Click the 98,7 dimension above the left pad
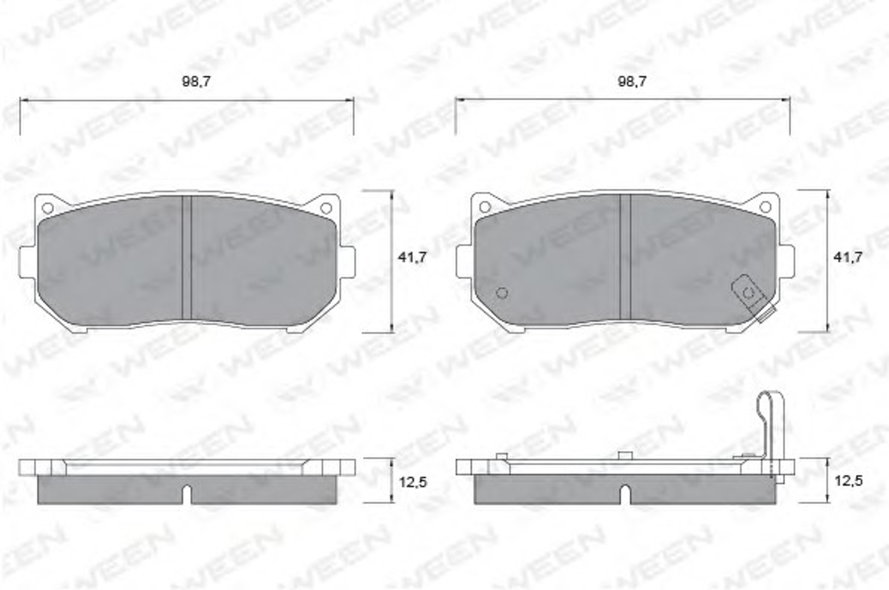click(x=196, y=81)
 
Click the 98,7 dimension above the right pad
click(x=632, y=81)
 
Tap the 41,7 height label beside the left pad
click(x=412, y=257)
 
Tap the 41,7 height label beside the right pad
click(x=848, y=257)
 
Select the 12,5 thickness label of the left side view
click(x=413, y=482)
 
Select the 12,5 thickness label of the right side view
click(x=849, y=481)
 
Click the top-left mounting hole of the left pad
click(x=48, y=208)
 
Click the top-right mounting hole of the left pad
click(x=326, y=208)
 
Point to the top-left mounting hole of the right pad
click(x=485, y=207)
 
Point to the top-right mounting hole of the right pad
click(x=765, y=207)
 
